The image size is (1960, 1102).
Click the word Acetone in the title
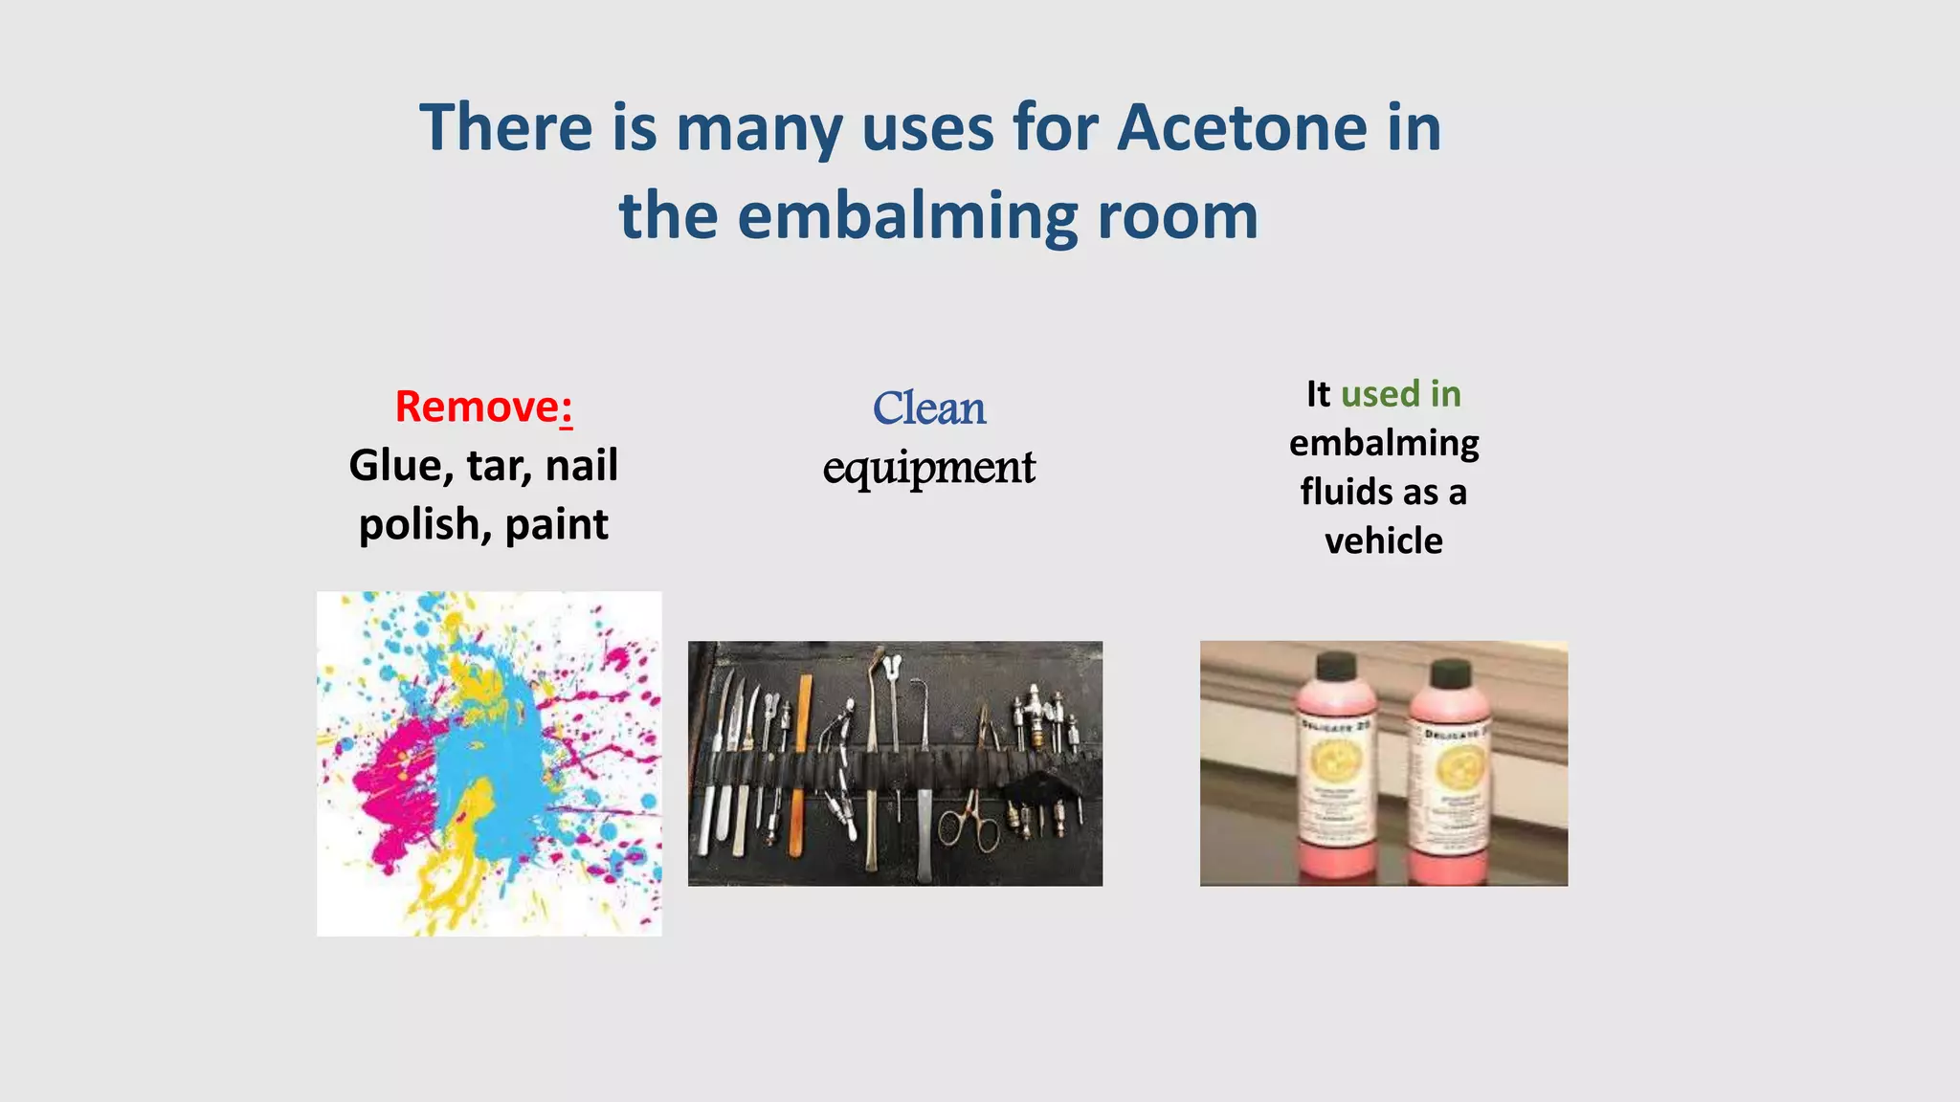1242,127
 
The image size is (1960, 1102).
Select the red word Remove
477,407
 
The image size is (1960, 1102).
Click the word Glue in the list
394,466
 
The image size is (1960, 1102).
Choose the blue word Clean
928,408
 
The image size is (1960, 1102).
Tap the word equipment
928,468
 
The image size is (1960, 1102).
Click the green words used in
1400,394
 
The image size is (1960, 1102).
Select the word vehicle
1383,541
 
